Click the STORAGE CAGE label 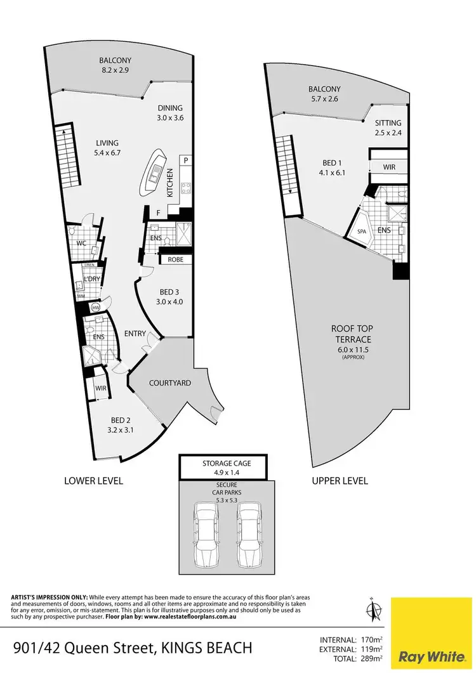[x=227, y=463]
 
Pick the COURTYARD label [x=169, y=383]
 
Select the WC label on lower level [x=81, y=243]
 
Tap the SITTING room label [x=388, y=124]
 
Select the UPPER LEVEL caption [x=340, y=481]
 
